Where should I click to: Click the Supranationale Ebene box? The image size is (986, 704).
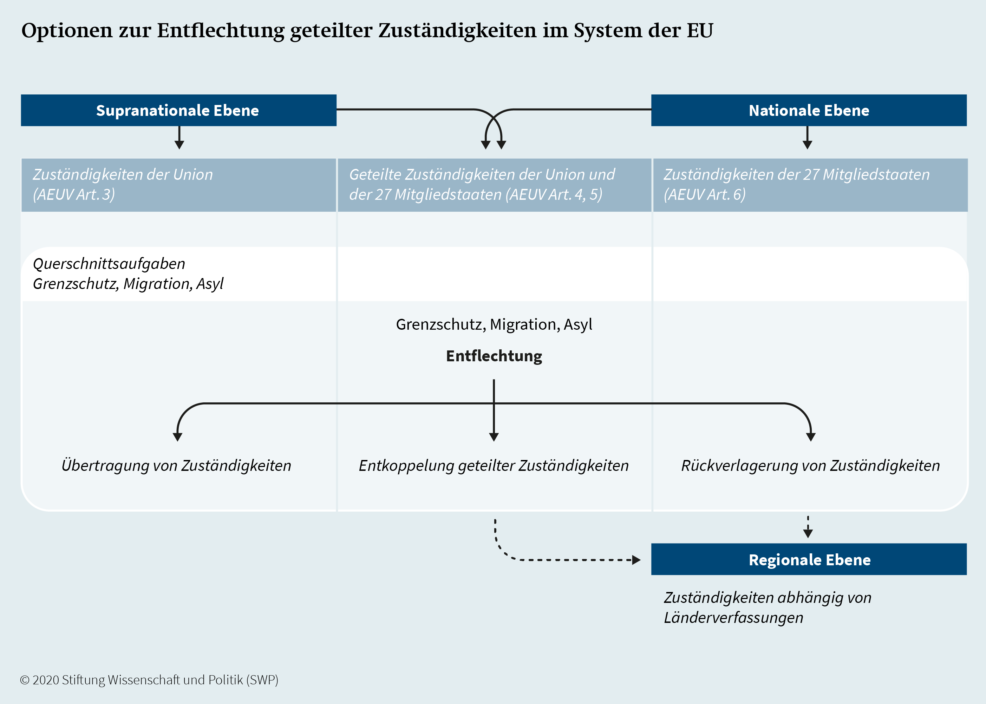pyautogui.click(x=179, y=110)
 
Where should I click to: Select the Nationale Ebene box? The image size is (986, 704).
pyautogui.click(x=809, y=110)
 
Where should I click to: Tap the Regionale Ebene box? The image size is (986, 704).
pyautogui.click(x=809, y=559)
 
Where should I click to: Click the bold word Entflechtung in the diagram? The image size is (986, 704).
pyautogui.click(x=494, y=356)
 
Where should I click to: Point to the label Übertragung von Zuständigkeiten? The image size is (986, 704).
pyautogui.click(x=176, y=465)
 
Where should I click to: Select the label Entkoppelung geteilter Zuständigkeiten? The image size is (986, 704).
pyautogui.click(x=494, y=465)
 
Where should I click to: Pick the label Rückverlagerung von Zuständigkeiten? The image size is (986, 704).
pyautogui.click(x=810, y=465)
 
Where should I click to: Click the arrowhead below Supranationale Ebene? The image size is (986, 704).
pyautogui.click(x=179, y=145)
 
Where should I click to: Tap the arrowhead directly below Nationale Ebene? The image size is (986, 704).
pyautogui.click(x=807, y=145)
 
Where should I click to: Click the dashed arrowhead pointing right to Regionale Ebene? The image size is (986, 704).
pyautogui.click(x=636, y=560)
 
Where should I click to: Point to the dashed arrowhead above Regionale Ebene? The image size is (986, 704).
pyautogui.click(x=808, y=534)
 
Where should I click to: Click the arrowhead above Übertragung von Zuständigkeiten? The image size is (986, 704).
pyautogui.click(x=177, y=437)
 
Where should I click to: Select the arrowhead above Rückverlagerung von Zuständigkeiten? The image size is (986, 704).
pyautogui.click(x=811, y=437)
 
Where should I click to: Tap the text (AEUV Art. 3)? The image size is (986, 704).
pyautogui.click(x=74, y=194)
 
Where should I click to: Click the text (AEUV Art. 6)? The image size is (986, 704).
pyautogui.click(x=705, y=194)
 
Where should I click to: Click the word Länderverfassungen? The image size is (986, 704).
pyautogui.click(x=733, y=617)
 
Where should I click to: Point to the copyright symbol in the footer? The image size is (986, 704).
pyautogui.click(x=25, y=680)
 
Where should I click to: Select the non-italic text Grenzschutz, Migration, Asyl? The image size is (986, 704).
pyautogui.click(x=494, y=324)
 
